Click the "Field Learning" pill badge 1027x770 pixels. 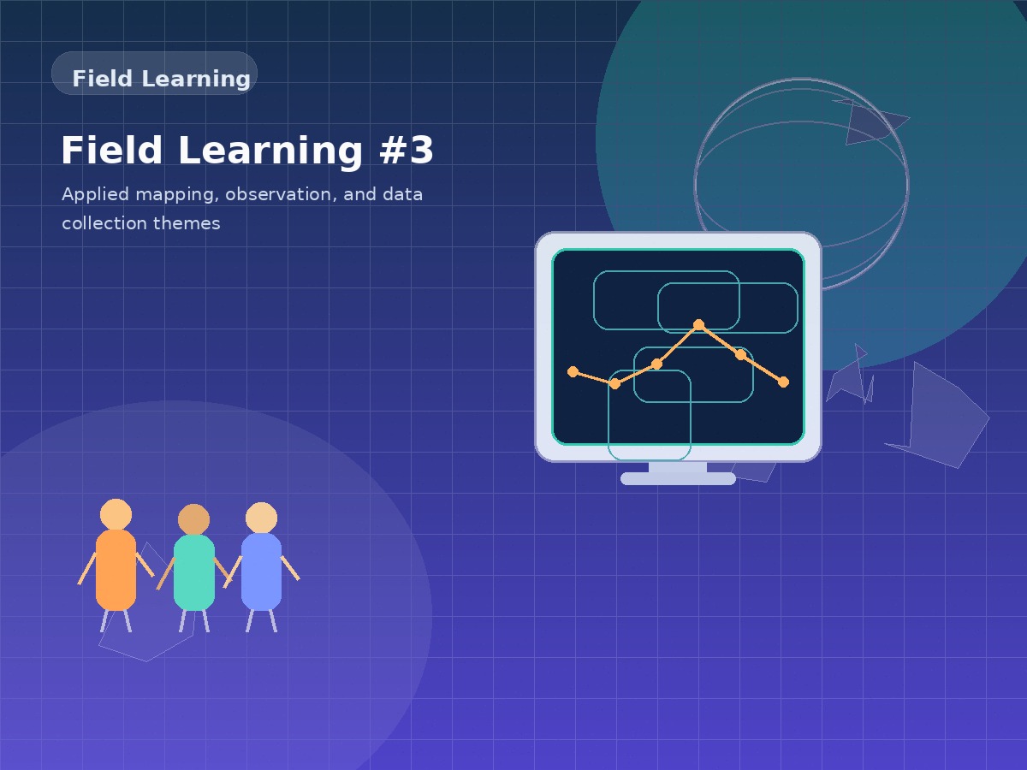(155, 74)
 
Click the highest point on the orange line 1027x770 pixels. (698, 324)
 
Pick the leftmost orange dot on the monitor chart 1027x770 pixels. (573, 371)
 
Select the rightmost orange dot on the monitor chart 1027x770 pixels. (783, 382)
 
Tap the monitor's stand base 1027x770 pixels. (678, 478)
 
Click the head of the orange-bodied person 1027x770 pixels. (116, 514)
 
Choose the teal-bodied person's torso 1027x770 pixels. (194, 572)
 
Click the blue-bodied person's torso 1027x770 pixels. (261, 571)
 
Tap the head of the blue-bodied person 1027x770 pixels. (261, 518)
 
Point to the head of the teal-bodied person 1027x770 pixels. (193, 519)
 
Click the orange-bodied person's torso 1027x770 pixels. (116, 569)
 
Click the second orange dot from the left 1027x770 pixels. (614, 383)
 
